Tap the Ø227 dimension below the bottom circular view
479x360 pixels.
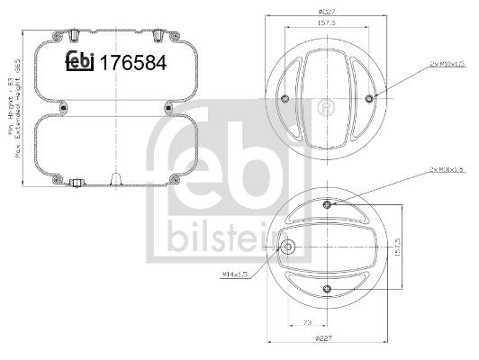(x=326, y=339)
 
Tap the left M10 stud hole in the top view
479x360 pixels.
(x=285, y=98)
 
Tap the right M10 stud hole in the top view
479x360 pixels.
(x=370, y=98)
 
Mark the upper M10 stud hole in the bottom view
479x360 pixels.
(x=328, y=204)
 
